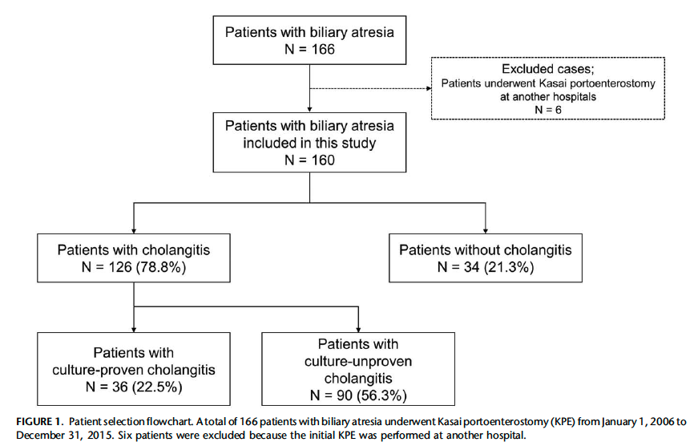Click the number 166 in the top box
[323, 49]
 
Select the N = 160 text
[309, 160]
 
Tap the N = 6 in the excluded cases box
[548, 110]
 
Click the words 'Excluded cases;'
[548, 69]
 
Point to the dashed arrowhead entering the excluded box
[429, 88]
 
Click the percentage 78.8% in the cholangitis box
[161, 267]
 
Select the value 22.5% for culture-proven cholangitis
[157, 387]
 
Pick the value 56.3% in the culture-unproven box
[382, 395]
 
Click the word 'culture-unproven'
[358, 361]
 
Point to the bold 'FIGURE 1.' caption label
[40, 421]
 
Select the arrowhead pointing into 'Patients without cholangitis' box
[485, 231]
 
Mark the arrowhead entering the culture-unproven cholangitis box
[358, 330]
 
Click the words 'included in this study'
[309, 143]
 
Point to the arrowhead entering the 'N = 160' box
[309, 109]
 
